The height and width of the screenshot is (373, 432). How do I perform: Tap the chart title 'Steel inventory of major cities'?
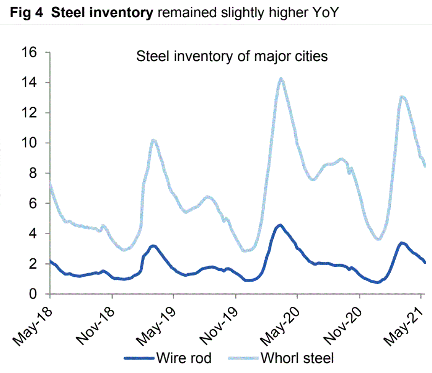(x=232, y=57)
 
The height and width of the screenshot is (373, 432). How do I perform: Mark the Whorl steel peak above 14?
(x=281, y=79)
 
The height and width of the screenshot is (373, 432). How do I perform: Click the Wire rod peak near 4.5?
(x=280, y=225)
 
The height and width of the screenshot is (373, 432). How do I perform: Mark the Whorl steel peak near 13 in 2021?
(x=402, y=97)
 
